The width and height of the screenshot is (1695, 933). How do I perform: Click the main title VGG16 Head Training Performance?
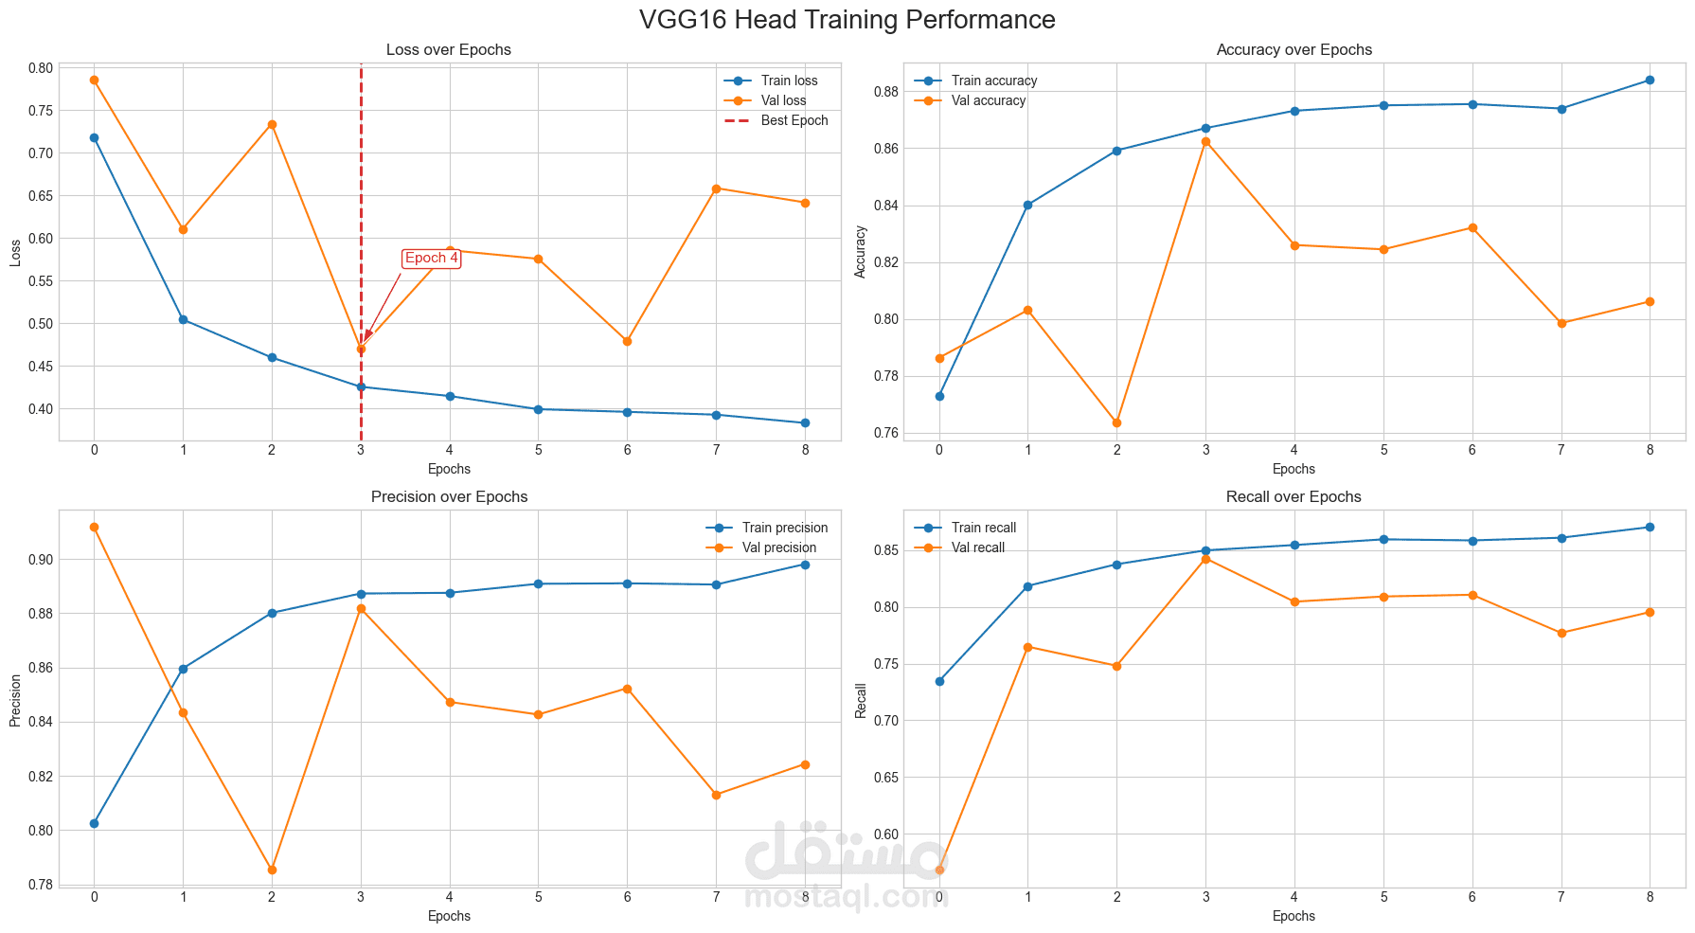[847, 20]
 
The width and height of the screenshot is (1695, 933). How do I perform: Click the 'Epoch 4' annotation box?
[431, 259]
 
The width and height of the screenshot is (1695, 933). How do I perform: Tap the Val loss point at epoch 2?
[272, 124]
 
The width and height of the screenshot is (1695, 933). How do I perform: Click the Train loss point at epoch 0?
[94, 137]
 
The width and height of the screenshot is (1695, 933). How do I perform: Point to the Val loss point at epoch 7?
[716, 188]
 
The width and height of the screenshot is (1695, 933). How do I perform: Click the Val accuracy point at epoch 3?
[1205, 142]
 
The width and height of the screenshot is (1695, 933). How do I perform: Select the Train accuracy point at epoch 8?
[1650, 80]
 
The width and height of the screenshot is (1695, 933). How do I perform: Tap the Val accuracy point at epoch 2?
[1116, 422]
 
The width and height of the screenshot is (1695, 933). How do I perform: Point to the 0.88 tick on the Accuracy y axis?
[885, 92]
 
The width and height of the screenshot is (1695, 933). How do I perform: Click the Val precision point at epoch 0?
[94, 527]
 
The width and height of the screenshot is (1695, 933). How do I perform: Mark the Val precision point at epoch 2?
[272, 870]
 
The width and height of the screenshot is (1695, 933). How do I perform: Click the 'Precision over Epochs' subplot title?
[449, 496]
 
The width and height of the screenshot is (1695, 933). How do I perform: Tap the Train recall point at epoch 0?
[939, 681]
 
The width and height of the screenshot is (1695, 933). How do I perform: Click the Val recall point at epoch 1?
[1027, 647]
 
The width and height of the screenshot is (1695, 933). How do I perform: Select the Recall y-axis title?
[861, 700]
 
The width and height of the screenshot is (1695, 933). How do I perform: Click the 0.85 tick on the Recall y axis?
[885, 550]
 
